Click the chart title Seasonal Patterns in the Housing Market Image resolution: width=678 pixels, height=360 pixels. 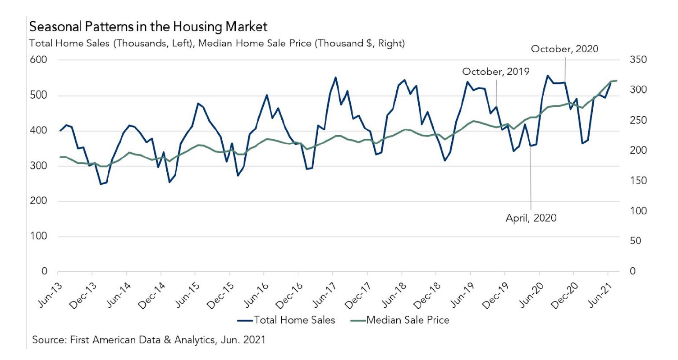148,27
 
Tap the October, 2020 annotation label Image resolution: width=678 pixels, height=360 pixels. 564,49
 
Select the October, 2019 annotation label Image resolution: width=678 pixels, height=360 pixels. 495,71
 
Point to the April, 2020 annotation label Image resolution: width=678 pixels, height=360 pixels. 531,219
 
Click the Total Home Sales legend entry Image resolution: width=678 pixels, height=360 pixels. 286,320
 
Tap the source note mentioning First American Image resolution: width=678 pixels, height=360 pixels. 149,339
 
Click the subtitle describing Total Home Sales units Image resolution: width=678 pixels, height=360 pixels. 217,44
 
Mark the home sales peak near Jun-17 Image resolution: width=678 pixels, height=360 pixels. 335,77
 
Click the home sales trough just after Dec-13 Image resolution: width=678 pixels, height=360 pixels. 101,184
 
